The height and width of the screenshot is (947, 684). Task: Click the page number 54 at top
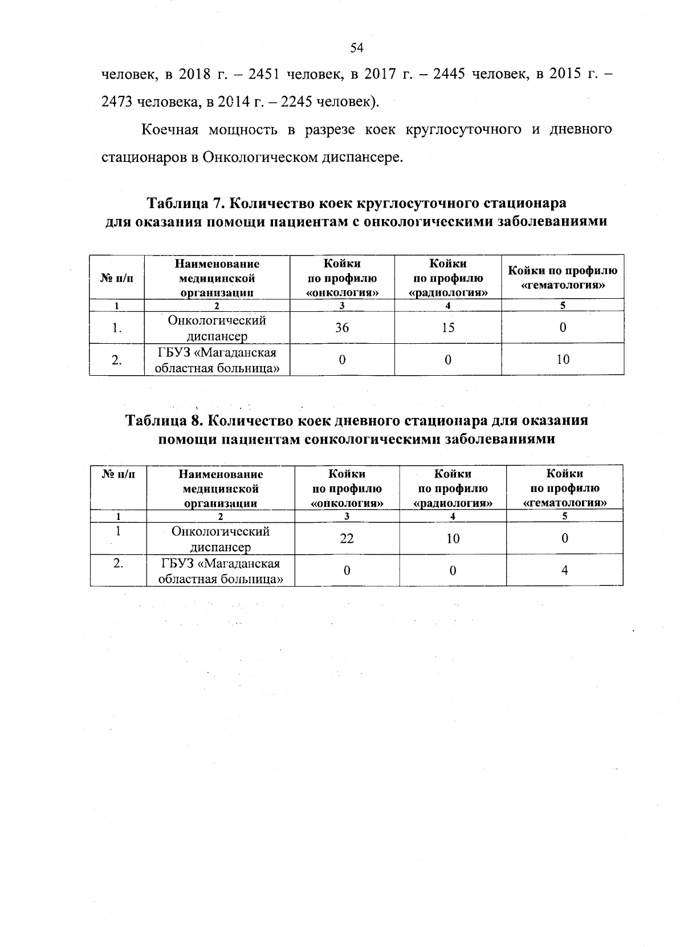(x=357, y=48)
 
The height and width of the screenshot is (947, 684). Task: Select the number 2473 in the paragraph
(x=115, y=102)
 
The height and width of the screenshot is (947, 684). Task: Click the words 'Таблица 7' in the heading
(x=188, y=204)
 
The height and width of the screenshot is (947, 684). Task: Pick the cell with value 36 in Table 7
(x=342, y=328)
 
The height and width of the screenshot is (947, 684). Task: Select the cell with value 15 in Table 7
(x=448, y=328)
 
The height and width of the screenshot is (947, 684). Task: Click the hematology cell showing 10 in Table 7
(x=563, y=359)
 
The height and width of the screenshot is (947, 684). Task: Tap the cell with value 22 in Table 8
(x=347, y=538)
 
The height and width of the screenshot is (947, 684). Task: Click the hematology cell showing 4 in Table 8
(x=564, y=570)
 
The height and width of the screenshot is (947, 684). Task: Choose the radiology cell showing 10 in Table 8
(x=453, y=538)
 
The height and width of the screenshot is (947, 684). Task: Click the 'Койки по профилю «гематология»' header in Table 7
(x=563, y=278)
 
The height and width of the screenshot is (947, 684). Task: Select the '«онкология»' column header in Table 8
(x=347, y=489)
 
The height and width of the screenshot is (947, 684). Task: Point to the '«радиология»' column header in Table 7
(x=448, y=278)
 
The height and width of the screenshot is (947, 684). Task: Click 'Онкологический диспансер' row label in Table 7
(x=217, y=328)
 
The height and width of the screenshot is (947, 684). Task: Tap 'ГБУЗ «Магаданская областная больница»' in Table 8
(x=221, y=571)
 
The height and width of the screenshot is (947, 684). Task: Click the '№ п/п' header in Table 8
(x=118, y=474)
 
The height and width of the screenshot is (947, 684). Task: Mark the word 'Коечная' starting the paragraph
(x=169, y=130)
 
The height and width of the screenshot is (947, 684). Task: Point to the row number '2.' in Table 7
(x=117, y=360)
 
